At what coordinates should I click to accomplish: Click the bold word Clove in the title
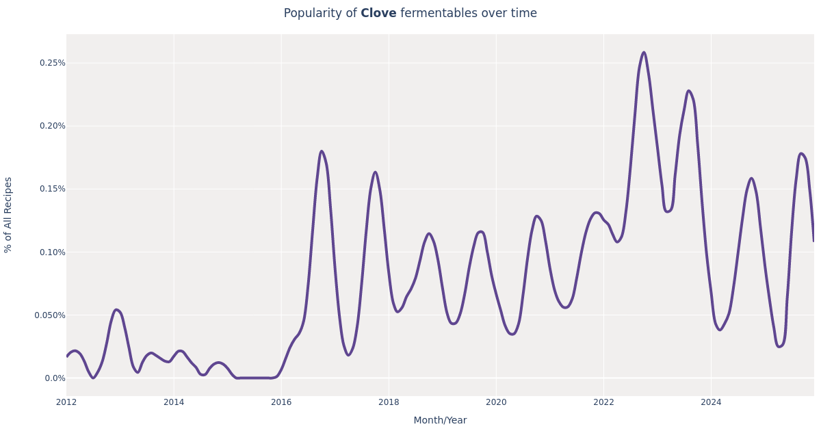pos(378,14)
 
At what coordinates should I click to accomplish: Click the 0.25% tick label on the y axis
pos(52,63)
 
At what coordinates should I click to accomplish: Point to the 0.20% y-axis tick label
pos(52,126)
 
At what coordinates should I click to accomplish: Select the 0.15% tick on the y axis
pos(52,189)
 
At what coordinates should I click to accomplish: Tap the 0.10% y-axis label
pos(52,252)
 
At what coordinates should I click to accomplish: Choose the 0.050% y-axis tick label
pos(50,315)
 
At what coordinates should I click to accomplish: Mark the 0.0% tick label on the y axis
pos(55,378)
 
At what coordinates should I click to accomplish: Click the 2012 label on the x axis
pos(66,402)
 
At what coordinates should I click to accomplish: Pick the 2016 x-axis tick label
pos(281,402)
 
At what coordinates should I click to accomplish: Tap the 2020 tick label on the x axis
pos(496,402)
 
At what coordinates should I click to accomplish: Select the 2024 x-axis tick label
pos(711,402)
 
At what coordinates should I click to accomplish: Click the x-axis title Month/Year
pos(440,420)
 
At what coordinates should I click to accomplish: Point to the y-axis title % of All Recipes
pos(9,215)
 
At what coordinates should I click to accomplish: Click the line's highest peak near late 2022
pos(644,53)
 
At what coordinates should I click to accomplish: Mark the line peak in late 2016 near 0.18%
pos(322,151)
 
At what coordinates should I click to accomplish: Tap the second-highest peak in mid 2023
pos(689,91)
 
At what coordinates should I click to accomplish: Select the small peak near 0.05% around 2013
pos(116,310)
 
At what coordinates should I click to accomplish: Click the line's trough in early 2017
pos(348,355)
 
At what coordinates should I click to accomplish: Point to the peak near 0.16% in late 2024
pos(751,179)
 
